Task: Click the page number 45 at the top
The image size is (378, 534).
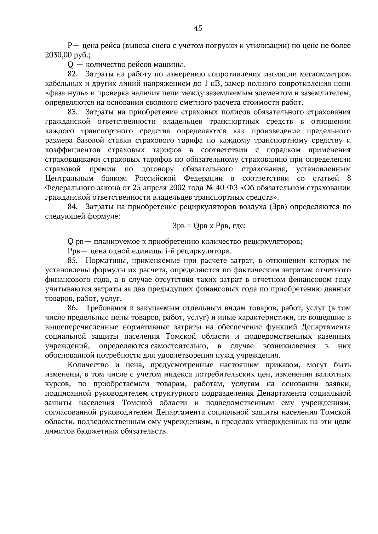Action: pyautogui.click(x=198, y=29)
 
